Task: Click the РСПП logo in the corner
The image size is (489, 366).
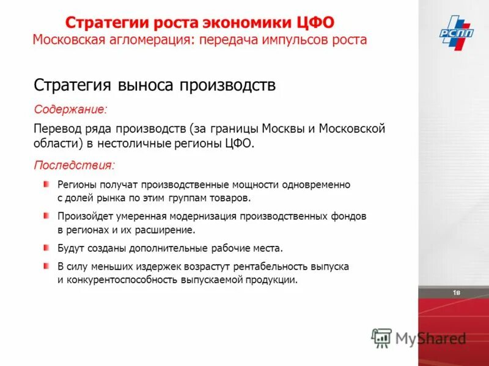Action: click(x=456, y=30)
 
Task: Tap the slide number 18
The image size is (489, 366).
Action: click(x=456, y=293)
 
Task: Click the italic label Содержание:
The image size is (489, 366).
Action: click(x=70, y=110)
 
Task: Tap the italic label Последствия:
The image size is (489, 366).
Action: click(x=74, y=165)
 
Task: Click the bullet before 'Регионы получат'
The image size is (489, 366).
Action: click(x=47, y=184)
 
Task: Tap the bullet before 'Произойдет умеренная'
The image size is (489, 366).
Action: click(x=47, y=215)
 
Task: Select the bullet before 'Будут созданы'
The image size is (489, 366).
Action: click(x=47, y=248)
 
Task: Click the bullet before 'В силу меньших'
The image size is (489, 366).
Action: click(x=47, y=267)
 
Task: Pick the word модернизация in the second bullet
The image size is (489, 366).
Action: click(x=199, y=216)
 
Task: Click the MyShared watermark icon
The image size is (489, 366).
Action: click(x=382, y=337)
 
